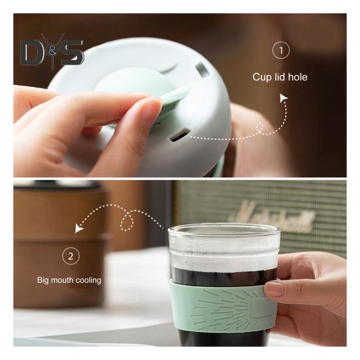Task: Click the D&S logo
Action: (52, 51)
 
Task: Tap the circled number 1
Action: (280, 50)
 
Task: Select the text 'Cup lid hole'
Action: (280, 77)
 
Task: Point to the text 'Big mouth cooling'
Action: (69, 281)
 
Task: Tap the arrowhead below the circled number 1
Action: (284, 98)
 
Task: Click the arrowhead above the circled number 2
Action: (79, 229)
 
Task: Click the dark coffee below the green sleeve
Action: (216, 338)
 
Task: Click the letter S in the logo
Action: (71, 53)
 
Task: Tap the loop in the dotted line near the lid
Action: (262, 127)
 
